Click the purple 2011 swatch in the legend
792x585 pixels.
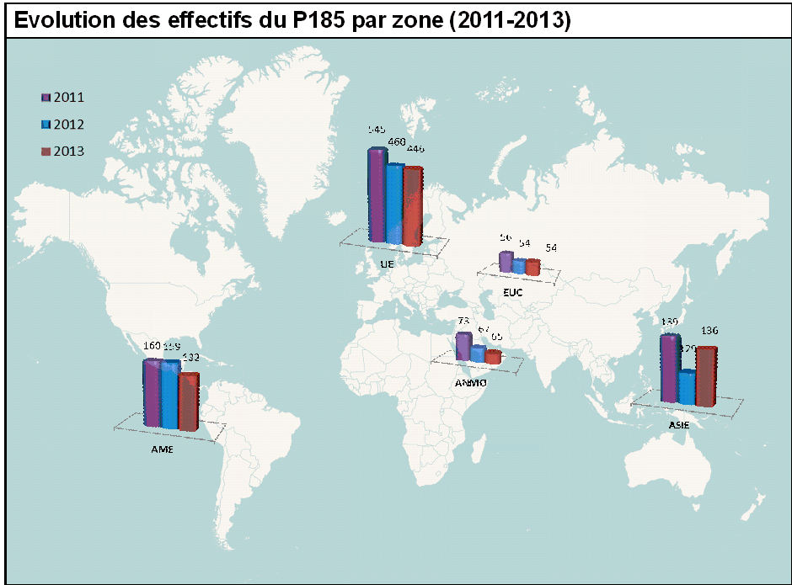click(x=46, y=98)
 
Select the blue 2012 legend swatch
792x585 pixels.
click(x=46, y=125)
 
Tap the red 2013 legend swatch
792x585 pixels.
click(x=46, y=152)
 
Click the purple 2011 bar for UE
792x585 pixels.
click(x=377, y=195)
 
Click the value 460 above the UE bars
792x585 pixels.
click(x=396, y=141)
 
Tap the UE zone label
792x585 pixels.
click(x=388, y=263)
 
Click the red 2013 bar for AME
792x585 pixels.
click(x=188, y=401)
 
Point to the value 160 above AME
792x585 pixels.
click(x=152, y=345)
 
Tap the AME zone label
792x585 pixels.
click(x=162, y=449)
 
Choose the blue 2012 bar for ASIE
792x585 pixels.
click(x=688, y=387)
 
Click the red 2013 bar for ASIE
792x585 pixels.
click(x=705, y=375)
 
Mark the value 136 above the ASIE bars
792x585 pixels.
click(x=709, y=330)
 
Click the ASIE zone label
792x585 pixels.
click(x=679, y=425)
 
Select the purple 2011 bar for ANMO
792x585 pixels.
click(x=463, y=347)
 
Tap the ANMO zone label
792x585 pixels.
click(x=471, y=384)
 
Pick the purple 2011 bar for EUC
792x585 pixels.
click(x=506, y=261)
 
